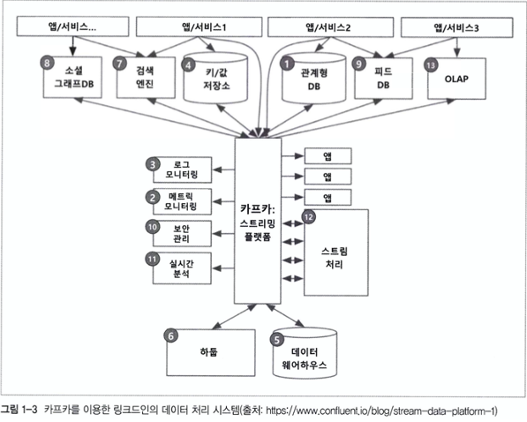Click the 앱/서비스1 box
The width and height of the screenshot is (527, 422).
tap(199, 26)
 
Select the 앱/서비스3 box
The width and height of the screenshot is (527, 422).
tap(456, 27)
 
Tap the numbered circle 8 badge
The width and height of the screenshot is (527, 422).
tap(47, 63)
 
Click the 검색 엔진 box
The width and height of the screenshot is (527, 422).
tap(146, 78)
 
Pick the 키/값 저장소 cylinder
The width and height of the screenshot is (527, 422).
tap(215, 78)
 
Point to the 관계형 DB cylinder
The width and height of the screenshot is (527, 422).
tap(313, 78)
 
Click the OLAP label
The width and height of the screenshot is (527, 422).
tap(456, 79)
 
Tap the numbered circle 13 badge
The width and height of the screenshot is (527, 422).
tap(431, 65)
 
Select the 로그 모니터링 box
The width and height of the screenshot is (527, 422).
tap(182, 170)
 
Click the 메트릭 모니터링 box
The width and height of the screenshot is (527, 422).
tap(182, 201)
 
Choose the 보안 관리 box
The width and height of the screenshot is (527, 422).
tap(182, 233)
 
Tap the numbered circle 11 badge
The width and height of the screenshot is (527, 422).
tap(152, 259)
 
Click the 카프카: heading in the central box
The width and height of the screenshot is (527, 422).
tap(258, 209)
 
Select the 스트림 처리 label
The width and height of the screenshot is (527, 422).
tap(335, 258)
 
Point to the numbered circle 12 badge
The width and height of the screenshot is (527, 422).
tap(309, 217)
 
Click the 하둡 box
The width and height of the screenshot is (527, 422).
tap(211, 352)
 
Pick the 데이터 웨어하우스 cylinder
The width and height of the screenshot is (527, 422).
tap(305, 353)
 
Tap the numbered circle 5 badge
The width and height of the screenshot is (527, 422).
tap(277, 340)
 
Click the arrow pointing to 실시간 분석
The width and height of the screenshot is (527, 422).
tap(224, 268)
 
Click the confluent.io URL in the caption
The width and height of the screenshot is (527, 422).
tap(381, 411)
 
